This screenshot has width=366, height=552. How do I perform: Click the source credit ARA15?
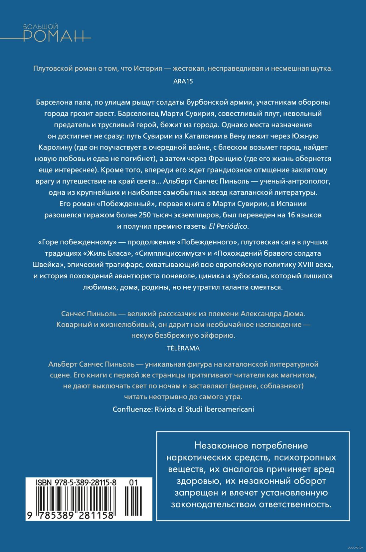click(183, 81)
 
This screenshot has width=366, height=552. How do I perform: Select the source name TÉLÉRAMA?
click(183, 348)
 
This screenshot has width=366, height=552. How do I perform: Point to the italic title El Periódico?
click(228, 226)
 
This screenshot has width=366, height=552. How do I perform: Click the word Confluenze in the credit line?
click(132, 409)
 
